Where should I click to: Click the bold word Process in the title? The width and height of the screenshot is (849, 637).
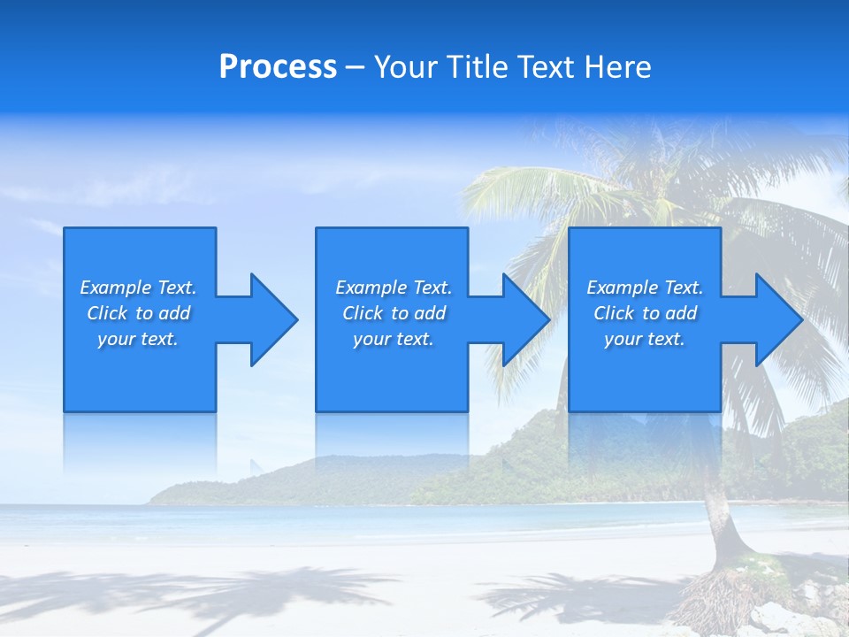(278, 67)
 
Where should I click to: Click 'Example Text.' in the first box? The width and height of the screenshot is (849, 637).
(138, 288)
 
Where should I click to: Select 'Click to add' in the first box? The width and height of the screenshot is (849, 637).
(139, 313)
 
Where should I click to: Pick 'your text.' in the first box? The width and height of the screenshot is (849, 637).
(138, 339)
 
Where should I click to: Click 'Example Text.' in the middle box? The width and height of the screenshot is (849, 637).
(394, 288)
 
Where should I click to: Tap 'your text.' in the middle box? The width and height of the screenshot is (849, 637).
(394, 339)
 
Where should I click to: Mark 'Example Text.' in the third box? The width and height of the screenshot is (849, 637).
(645, 288)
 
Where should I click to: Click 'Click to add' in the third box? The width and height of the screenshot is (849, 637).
(646, 313)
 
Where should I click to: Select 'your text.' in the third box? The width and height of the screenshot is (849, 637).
(645, 339)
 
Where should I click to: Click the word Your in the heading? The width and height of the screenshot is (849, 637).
(405, 67)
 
